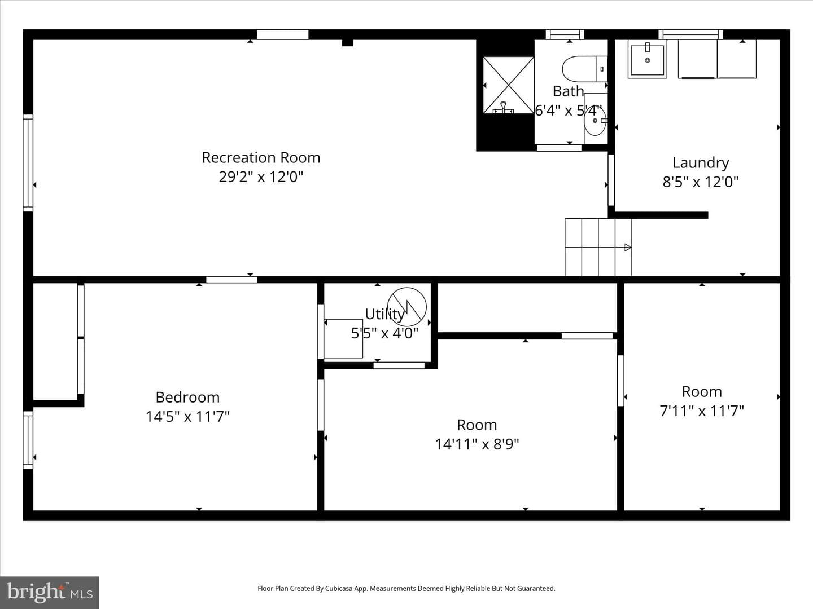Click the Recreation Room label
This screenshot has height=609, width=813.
261,158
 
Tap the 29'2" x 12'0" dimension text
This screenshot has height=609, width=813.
261,176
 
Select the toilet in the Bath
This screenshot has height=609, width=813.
584,69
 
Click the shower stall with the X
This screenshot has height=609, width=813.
508,85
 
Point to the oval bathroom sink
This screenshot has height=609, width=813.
595,121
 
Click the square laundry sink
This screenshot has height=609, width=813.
647,59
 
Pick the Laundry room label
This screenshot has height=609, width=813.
701,163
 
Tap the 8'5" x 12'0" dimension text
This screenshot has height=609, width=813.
701,182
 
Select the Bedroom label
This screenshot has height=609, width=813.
187,398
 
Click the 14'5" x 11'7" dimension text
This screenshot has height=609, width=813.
187,417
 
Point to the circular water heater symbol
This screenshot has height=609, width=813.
406,307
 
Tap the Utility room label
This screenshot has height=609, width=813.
384,314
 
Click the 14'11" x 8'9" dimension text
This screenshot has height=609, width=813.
477,444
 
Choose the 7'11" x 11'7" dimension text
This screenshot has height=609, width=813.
702,411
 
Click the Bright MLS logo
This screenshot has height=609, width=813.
50,592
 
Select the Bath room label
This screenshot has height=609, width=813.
568,91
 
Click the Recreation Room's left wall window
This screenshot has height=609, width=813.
28,163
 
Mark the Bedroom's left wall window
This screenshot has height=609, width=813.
28,440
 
